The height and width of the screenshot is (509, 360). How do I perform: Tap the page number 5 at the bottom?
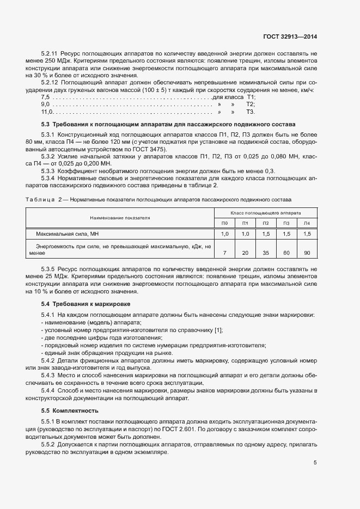(x=315, y=463)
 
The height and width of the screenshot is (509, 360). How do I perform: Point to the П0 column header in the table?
(x=224, y=223)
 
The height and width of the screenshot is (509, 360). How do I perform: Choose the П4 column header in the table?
(x=307, y=223)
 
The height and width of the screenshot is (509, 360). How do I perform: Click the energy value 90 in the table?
(x=307, y=253)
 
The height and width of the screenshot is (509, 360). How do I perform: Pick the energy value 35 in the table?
(x=266, y=253)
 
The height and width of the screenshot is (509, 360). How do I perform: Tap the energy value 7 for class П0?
(x=224, y=253)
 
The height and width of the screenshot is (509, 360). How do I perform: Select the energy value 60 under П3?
(x=286, y=253)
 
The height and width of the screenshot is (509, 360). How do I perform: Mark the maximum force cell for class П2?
(x=266, y=234)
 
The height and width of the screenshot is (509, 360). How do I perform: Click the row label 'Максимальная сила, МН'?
(x=68, y=234)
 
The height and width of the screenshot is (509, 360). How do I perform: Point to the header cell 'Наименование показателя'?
(x=120, y=217)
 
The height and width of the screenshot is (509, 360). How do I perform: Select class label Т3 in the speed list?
(x=251, y=112)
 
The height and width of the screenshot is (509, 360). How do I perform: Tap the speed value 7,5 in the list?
(x=46, y=97)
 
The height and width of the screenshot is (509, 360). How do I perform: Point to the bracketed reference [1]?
(x=219, y=330)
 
